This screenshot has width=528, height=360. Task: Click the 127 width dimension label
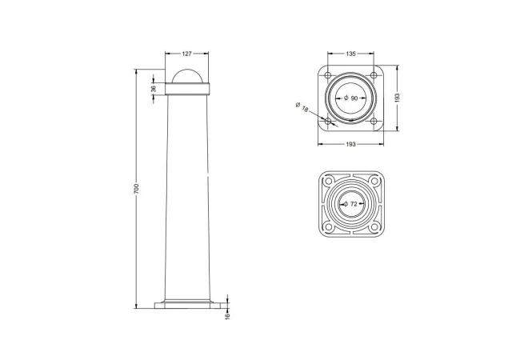click(186, 54)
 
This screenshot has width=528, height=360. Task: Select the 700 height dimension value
click(136, 189)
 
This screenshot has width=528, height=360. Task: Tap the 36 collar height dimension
click(154, 89)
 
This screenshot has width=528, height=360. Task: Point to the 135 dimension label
click(350, 54)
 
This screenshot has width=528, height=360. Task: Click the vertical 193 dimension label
click(398, 98)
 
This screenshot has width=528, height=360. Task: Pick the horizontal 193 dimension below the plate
click(350, 144)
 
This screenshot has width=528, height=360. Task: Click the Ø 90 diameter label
click(351, 98)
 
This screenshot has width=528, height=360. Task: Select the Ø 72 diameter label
click(350, 204)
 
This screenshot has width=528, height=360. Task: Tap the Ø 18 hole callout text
click(302, 107)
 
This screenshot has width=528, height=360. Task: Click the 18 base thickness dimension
click(228, 316)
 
